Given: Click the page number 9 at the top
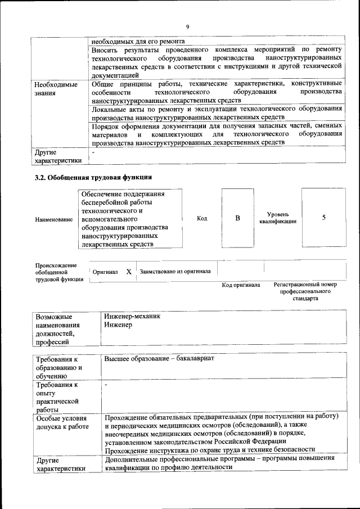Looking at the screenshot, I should coord(188,26).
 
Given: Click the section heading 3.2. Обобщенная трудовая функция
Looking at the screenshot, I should coord(93,177).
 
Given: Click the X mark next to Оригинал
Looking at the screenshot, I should coord(129,272).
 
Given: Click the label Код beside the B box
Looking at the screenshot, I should coord(202,218).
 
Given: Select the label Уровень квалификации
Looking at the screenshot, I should coord(278,218).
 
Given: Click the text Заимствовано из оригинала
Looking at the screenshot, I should coord(175,271).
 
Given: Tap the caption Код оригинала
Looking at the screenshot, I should coord(241,285).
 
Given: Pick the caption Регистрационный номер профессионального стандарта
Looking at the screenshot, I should coord(305,291).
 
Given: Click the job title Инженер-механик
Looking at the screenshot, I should coord(132,316).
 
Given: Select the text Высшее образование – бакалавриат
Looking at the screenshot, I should coord(159,358).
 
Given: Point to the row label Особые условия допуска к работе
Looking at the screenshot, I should coord(61,422).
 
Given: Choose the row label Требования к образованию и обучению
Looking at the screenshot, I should coord(58,368).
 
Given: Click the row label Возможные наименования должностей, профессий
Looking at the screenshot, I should coord(57,328).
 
